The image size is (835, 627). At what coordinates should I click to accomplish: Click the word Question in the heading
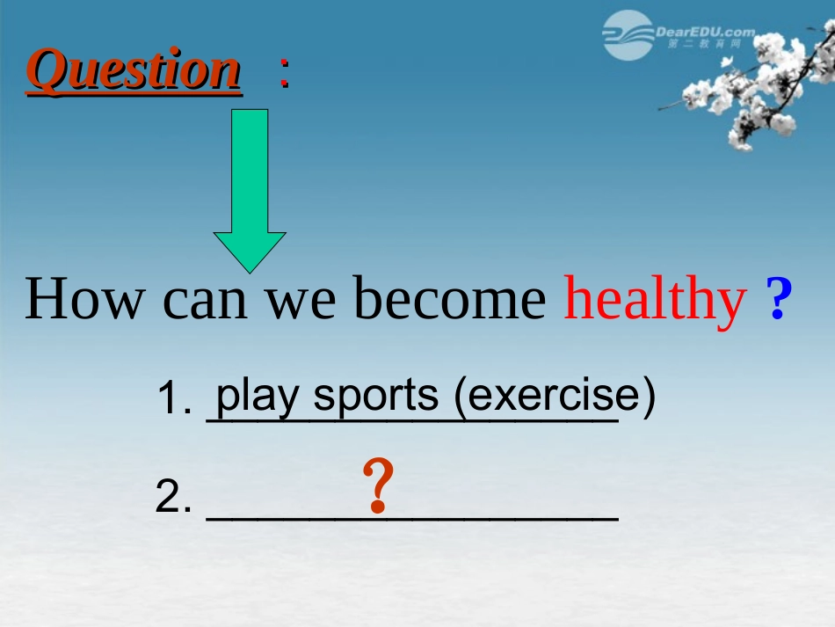(134, 70)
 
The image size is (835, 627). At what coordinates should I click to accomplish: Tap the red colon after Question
(285, 72)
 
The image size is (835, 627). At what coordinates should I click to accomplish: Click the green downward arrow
(250, 191)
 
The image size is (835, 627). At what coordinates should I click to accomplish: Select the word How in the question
(85, 298)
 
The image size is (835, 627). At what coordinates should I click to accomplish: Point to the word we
(301, 302)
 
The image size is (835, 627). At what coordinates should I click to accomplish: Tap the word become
(450, 298)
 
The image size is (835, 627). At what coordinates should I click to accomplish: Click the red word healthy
(655, 301)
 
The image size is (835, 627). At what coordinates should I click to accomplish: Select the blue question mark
(779, 298)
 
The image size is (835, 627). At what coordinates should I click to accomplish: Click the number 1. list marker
(174, 397)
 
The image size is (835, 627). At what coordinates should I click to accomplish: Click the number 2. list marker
(173, 496)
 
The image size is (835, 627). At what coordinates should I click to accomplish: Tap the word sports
(376, 397)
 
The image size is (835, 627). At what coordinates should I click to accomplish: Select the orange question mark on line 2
(378, 485)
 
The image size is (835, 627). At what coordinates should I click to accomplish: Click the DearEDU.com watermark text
(706, 33)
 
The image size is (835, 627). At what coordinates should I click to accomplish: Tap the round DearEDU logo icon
(628, 35)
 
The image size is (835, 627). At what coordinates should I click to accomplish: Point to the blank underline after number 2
(413, 518)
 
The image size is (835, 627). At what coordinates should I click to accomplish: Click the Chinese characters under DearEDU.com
(704, 44)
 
